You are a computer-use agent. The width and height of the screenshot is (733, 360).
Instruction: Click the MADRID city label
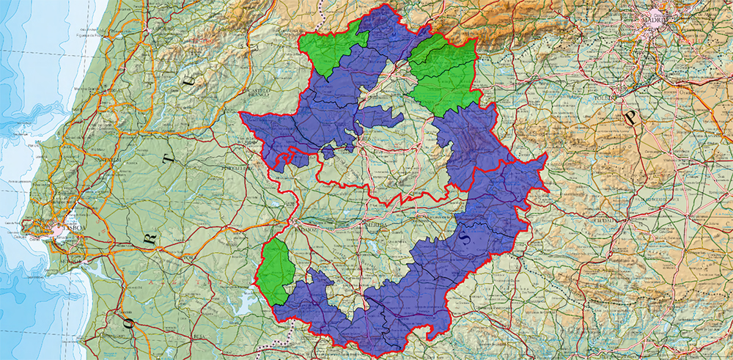(x=655, y=20)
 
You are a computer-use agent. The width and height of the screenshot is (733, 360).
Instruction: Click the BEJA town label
(x=198, y=334)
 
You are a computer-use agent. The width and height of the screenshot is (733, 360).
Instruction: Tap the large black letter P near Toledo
(x=628, y=117)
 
